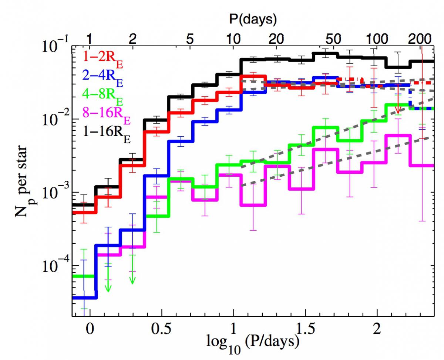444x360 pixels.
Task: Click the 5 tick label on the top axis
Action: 190,39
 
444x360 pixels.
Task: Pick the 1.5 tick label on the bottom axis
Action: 305,329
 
